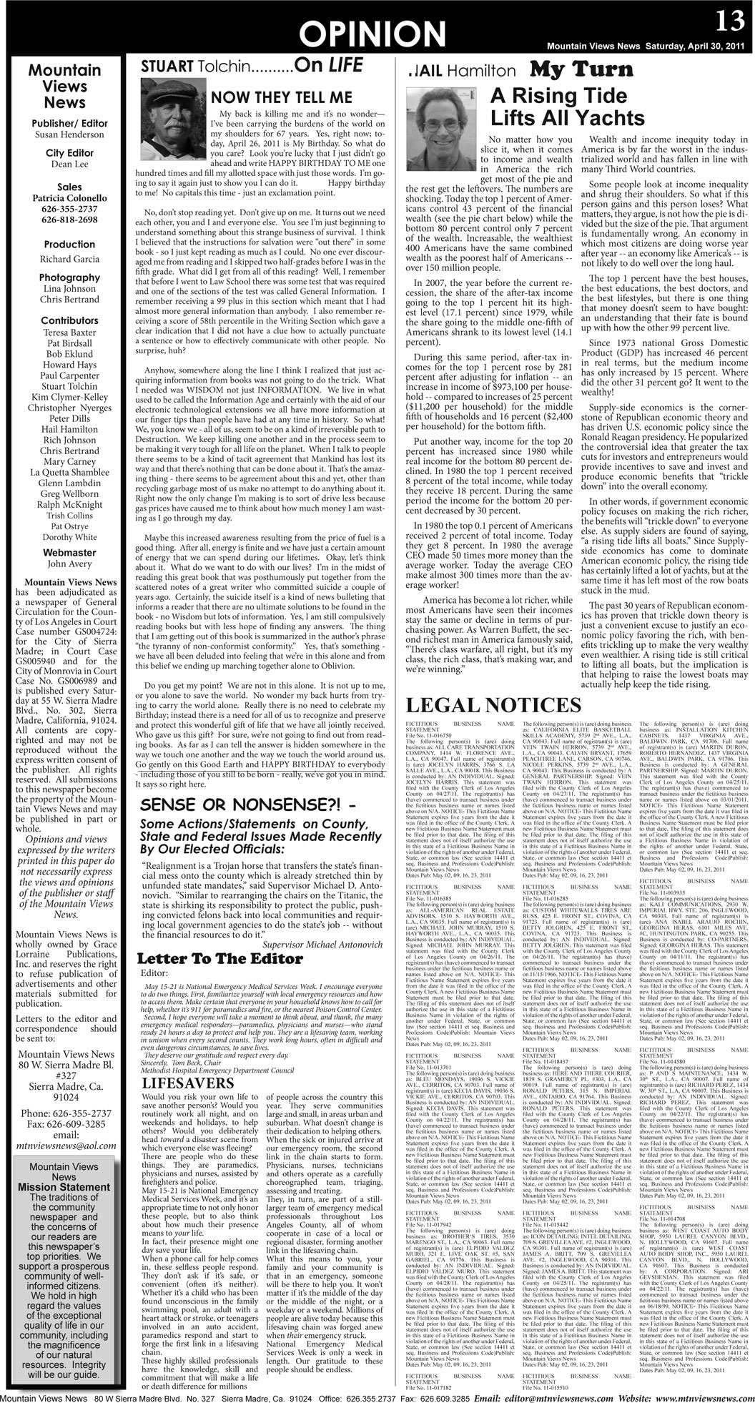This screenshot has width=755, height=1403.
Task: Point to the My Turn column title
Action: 581,70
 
